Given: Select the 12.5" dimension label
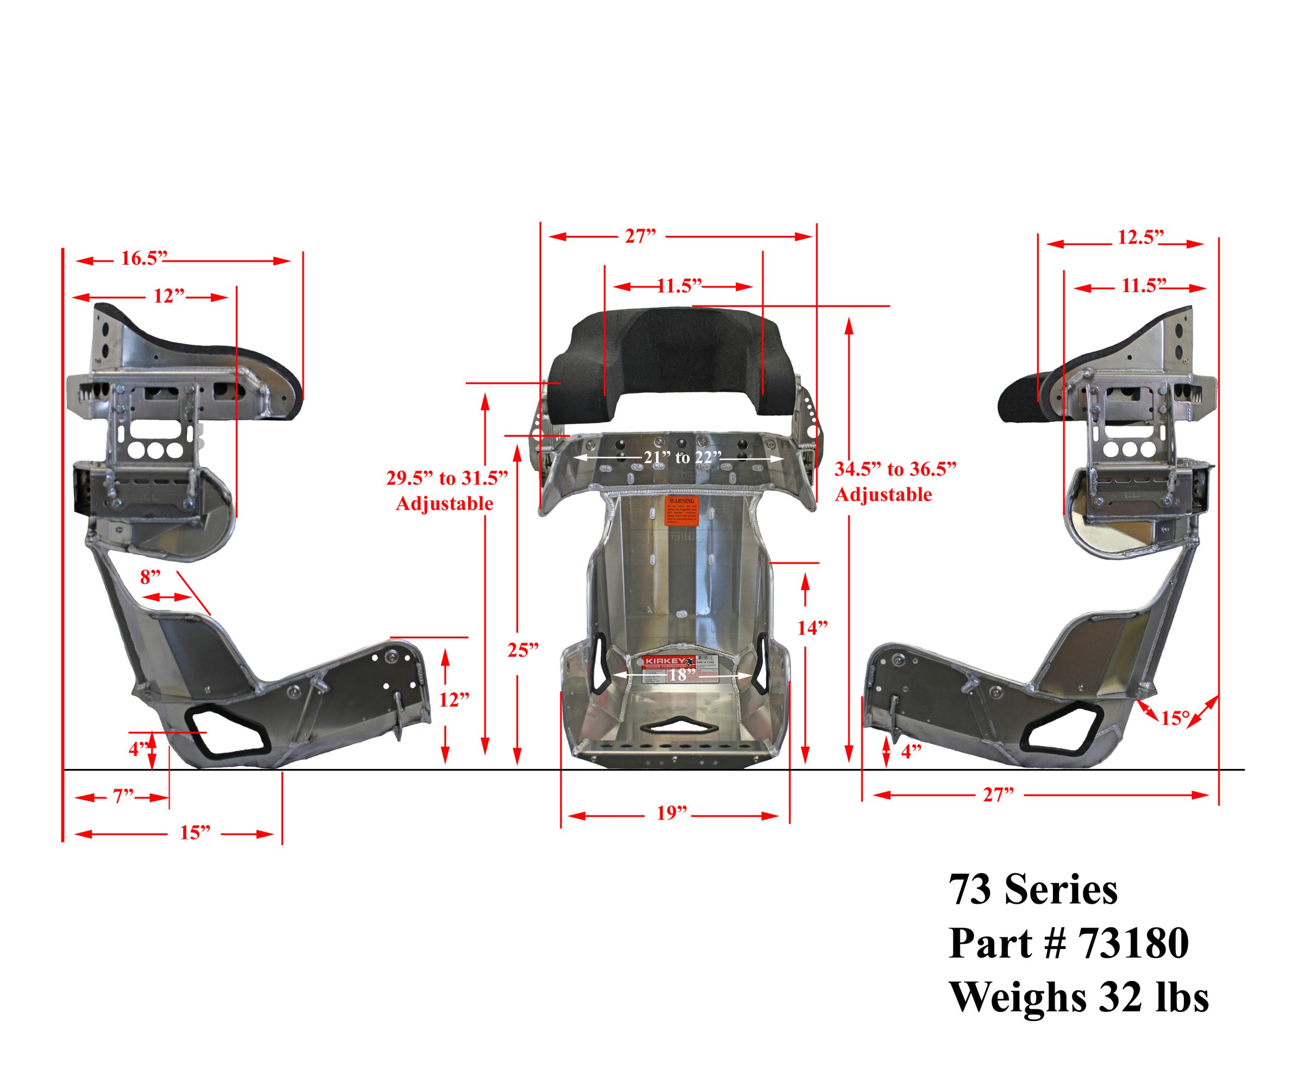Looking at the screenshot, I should point(1141,238).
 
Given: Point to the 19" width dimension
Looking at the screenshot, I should point(672,814).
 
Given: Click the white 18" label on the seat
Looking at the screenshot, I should point(678,675).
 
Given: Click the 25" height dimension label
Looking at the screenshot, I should point(523,650).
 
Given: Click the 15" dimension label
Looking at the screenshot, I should point(195,833).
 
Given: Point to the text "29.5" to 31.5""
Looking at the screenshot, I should point(447,478).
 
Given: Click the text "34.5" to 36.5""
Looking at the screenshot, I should point(895,469).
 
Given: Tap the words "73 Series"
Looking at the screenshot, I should point(1033,890).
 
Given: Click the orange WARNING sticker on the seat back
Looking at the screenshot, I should point(681,511).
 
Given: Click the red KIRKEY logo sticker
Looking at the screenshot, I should point(667,662).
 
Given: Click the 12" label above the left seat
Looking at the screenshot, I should point(169,296).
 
